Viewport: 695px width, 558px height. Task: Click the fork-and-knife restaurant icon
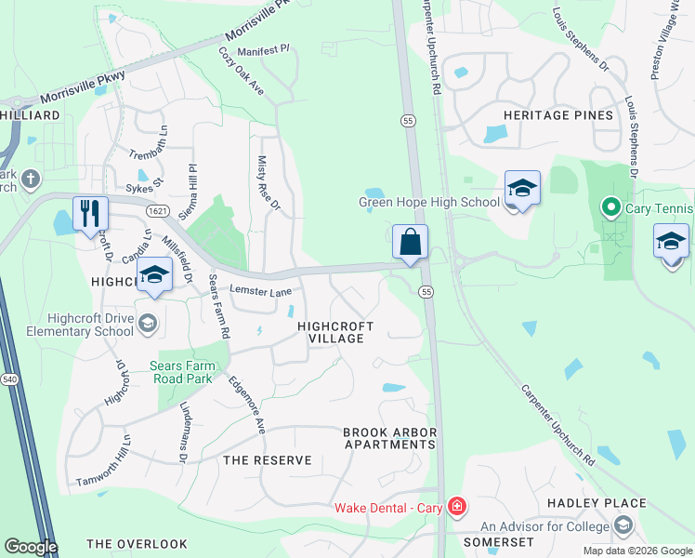[x=90, y=213]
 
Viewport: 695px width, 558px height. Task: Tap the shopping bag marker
[x=410, y=243]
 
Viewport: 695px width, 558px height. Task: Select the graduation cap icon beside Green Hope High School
[x=522, y=189]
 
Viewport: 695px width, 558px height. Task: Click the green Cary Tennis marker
[x=610, y=206]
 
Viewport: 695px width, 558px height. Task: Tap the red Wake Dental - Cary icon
[x=456, y=507]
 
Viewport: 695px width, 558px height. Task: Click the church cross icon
[x=31, y=178]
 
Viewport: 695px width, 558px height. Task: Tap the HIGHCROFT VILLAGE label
[x=335, y=332]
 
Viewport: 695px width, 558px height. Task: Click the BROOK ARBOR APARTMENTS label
[x=389, y=438]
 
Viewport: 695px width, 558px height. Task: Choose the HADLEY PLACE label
[x=596, y=503]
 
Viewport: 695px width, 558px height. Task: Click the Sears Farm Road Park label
[x=182, y=372]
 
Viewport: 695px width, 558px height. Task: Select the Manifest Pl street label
[x=264, y=50]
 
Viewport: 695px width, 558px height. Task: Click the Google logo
[x=30, y=546]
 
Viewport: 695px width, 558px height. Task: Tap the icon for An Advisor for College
[x=622, y=527]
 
